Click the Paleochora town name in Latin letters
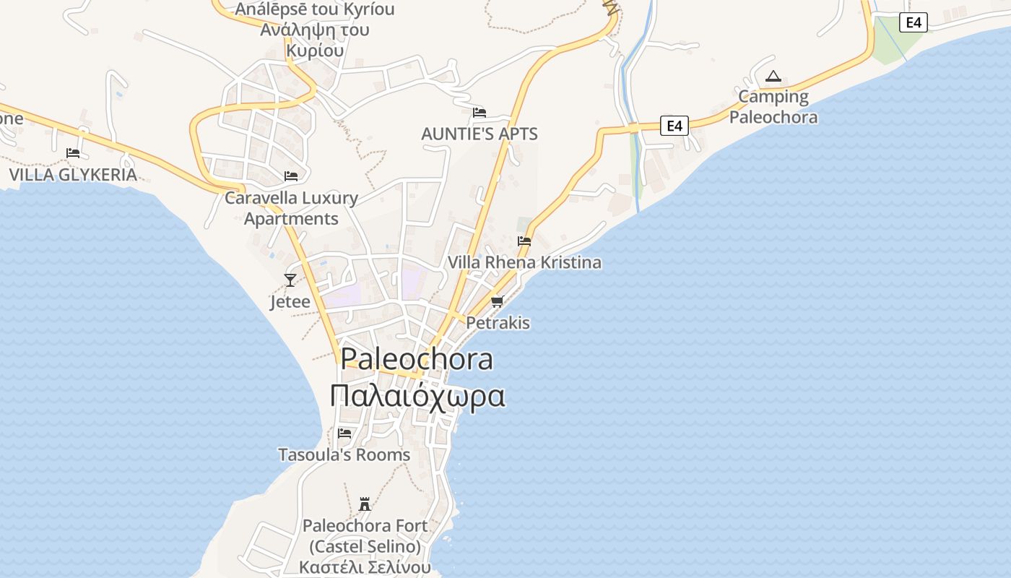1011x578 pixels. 417,359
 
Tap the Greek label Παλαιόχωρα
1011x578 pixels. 417,396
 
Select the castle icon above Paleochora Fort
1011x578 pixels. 365,504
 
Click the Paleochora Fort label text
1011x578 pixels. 365,535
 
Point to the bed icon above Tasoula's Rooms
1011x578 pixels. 344,433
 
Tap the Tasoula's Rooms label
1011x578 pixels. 344,454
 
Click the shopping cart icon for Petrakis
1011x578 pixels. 497,301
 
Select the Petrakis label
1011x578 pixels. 498,322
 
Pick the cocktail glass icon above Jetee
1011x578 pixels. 290,280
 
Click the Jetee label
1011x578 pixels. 290,301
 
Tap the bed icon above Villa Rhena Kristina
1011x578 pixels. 524,241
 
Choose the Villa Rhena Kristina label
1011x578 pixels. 524,262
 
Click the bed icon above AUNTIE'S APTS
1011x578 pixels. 480,113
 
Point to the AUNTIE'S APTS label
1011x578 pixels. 480,134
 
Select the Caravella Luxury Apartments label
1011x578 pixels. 292,208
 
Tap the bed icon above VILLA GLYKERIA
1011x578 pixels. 73,153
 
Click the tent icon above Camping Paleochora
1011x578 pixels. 773,76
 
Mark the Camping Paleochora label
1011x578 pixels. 773,107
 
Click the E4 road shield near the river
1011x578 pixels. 674,126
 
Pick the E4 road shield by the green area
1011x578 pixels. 914,22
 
